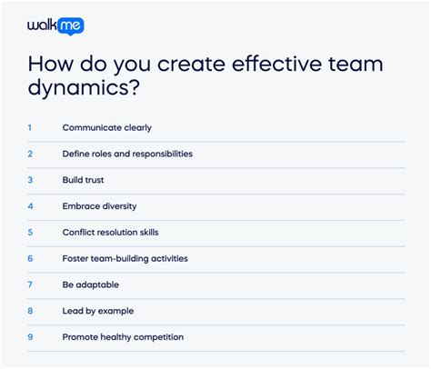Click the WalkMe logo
tap(55, 26)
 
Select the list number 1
tap(29, 128)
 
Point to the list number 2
tap(30, 154)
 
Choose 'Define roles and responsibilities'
tap(127, 154)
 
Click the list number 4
tap(30, 206)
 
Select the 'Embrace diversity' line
tap(99, 206)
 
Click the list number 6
tap(30, 258)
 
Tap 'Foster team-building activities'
tap(125, 258)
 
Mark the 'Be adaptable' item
tap(89, 284)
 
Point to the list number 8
tap(30, 311)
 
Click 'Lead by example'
tap(97, 311)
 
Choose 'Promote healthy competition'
tap(123, 337)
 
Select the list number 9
tap(30, 337)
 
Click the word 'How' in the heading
tap(51, 66)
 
